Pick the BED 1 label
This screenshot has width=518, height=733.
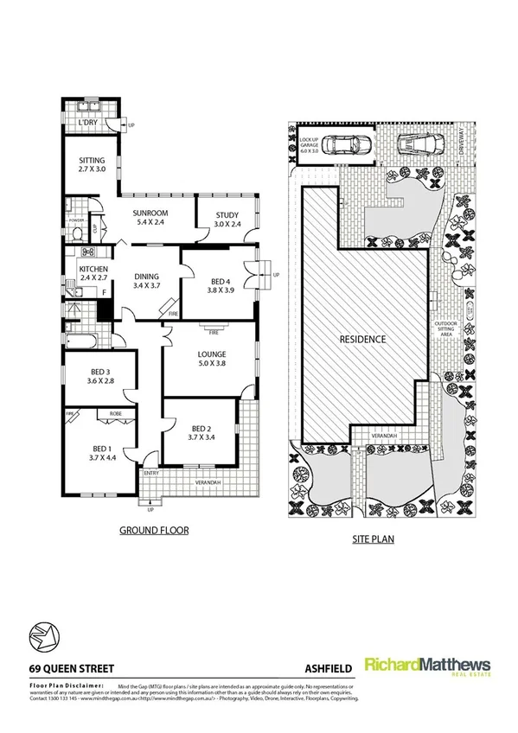102,449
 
